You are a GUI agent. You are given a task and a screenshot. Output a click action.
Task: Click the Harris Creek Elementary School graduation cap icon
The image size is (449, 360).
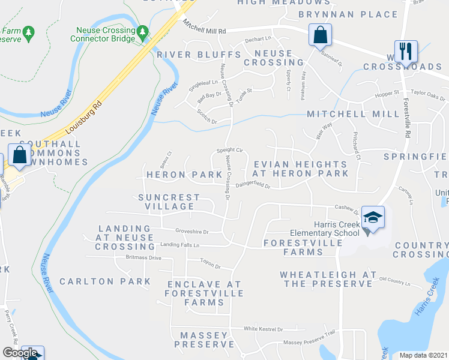pyautogui.click(x=373, y=217)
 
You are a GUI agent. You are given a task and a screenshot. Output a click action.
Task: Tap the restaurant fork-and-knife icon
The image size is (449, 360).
pyautogui.click(x=406, y=51)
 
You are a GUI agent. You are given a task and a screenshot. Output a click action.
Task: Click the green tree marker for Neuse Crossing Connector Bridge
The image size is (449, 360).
pyautogui.click(x=142, y=31)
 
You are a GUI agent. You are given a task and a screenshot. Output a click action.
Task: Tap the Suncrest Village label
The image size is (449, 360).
pyautogui.click(x=169, y=202)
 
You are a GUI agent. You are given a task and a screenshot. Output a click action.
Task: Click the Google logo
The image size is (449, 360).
pyautogui.click(x=20, y=353)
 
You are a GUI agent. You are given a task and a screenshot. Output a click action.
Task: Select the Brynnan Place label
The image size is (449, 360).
pyautogui.click(x=348, y=14)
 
